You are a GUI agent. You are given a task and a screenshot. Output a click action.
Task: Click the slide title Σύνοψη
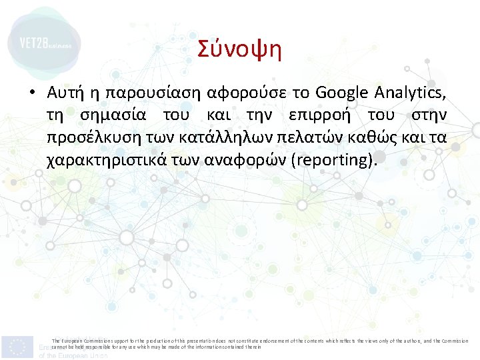click(240, 49)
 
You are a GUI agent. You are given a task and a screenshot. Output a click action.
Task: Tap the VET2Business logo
click(44, 44)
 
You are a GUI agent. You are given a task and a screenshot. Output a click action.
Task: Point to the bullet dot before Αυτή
click(31, 93)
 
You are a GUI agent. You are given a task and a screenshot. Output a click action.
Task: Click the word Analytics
click(409, 92)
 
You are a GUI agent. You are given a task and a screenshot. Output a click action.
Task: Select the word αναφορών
click(232, 161)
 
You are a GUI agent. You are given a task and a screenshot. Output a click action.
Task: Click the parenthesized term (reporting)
click(335, 161)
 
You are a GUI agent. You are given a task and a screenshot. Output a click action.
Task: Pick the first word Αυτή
click(65, 92)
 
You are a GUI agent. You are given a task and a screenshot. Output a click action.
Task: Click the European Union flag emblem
click(18, 347)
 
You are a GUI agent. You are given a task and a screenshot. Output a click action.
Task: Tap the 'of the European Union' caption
click(73, 355)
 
